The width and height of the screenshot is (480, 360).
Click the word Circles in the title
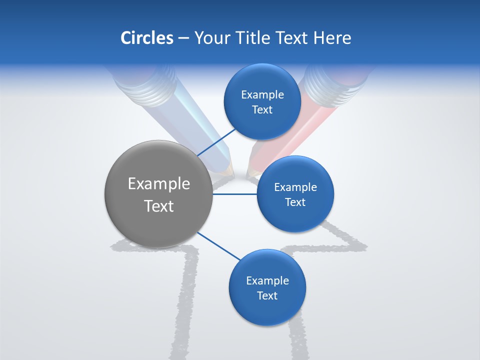[146, 38]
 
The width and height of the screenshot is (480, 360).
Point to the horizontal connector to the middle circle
[235, 194]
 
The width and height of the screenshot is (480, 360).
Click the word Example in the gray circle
[158, 184]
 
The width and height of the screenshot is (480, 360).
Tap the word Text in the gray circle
[158, 206]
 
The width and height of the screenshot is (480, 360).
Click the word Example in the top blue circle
[262, 95]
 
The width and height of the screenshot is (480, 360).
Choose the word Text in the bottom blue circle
[267, 295]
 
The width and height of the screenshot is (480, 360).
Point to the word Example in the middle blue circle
[295, 187]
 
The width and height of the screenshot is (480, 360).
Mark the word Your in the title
[207, 38]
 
